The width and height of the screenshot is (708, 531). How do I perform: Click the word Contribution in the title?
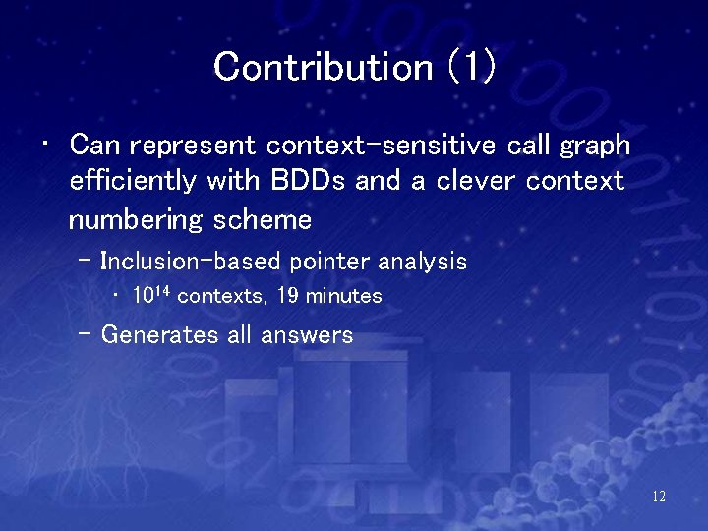tap(323, 67)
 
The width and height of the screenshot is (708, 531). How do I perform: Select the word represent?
tap(193, 147)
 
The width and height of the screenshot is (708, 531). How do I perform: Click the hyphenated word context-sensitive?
tap(381, 145)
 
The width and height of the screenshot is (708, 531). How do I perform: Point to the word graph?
tap(595, 147)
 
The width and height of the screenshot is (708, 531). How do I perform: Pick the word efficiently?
tap(133, 181)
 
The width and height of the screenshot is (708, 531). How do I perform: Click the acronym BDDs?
tap(308, 180)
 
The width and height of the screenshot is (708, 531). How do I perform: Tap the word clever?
tap(475, 180)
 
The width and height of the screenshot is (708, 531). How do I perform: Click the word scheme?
tap(263, 220)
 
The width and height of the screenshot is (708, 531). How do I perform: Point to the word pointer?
tap(329, 262)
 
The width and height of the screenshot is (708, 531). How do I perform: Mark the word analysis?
tap(422, 262)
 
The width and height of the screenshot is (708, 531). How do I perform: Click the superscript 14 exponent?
tap(162, 291)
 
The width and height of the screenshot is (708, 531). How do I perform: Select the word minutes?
tap(343, 296)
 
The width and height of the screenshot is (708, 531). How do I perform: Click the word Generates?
tap(159, 334)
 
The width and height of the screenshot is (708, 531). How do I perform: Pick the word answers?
tap(307, 335)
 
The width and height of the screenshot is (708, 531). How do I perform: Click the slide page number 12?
tap(659, 497)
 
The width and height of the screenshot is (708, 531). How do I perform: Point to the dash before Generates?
tap(84, 334)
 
